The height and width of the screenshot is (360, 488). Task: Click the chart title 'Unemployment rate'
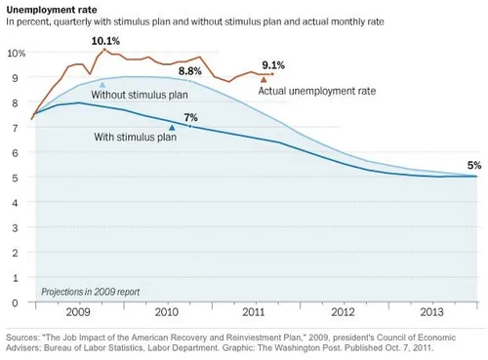click(x=48, y=8)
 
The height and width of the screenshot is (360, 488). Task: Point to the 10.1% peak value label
click(x=105, y=40)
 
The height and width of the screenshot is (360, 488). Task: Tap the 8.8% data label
click(x=190, y=71)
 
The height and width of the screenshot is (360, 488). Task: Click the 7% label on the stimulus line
click(x=190, y=117)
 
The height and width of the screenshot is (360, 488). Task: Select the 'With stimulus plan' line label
click(x=136, y=138)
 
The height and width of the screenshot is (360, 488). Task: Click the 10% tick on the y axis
click(x=15, y=53)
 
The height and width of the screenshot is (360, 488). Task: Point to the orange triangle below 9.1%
click(x=263, y=79)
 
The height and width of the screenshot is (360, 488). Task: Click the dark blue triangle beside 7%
click(x=173, y=127)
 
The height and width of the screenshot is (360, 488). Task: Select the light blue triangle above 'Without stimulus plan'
click(x=102, y=85)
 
